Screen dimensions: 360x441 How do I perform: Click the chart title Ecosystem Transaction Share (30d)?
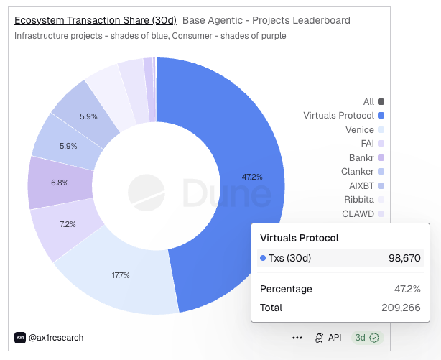[96, 20]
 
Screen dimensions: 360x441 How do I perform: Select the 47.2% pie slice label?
[253, 176]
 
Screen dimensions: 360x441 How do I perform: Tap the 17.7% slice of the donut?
[120, 274]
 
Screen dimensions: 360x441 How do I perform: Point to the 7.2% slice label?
[68, 224]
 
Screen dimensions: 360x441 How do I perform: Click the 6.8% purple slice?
[60, 183]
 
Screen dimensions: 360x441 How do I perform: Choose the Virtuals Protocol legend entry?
[343, 116]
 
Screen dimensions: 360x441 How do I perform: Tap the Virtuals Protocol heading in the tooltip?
[299, 238]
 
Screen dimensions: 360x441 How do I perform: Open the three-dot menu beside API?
[297, 338]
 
